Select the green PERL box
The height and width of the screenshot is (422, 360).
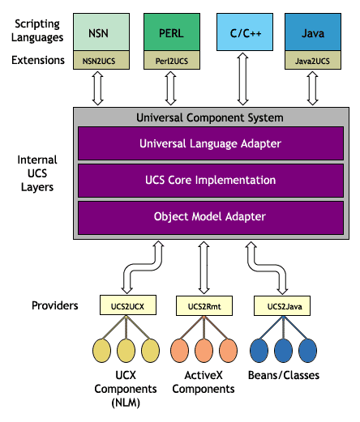[171, 33]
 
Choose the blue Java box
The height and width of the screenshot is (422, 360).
[312, 33]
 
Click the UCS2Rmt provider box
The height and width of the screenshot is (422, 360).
[202, 305]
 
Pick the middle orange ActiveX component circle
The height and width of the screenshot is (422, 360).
[202, 352]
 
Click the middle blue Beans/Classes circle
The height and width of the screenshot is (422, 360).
[281, 352]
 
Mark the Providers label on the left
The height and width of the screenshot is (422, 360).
[54, 305]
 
